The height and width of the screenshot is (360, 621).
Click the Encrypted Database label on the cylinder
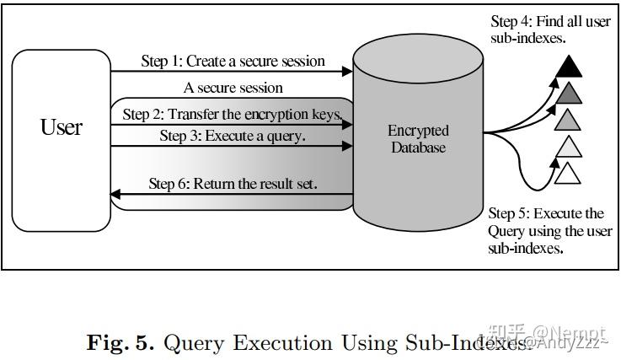point(418,139)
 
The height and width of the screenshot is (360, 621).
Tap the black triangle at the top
point(570,65)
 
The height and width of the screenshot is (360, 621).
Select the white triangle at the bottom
point(570,174)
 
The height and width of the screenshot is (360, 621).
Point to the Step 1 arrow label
point(233,61)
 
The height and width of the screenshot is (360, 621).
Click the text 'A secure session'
point(233,88)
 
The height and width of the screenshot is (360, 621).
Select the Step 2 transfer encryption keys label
point(233,113)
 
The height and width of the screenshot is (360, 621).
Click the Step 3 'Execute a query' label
point(233,135)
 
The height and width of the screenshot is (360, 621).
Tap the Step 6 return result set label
point(233,183)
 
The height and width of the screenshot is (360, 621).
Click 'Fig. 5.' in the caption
point(120,343)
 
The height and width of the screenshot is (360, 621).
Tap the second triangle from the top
point(570,92)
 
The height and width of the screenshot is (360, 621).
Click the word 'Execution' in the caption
point(283,343)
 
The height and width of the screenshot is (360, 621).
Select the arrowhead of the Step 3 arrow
point(345,147)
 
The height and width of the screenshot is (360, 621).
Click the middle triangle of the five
point(570,119)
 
